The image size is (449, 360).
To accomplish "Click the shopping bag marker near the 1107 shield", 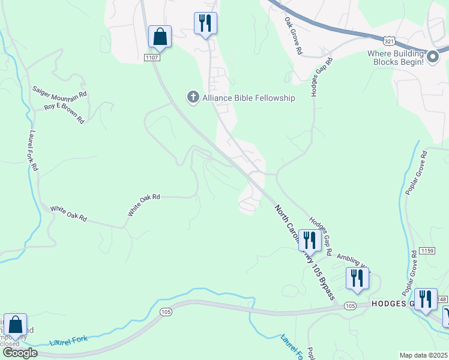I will point(160,37).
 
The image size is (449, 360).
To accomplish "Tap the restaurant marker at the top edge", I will point(205,23).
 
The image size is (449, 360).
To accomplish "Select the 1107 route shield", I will point(152,57).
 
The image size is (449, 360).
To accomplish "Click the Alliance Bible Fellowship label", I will point(249,98).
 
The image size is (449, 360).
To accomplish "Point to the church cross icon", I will point(193,97).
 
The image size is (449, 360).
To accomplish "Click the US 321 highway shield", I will point(389,41).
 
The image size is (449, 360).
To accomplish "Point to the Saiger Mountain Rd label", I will point(60,94).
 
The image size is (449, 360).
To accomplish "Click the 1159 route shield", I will point(427,250).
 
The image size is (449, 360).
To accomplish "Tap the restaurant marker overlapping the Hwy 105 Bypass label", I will point(309,241).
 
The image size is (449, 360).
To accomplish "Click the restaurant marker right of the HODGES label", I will point(425,298).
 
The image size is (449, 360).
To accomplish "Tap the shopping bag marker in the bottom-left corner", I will point(15,325).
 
